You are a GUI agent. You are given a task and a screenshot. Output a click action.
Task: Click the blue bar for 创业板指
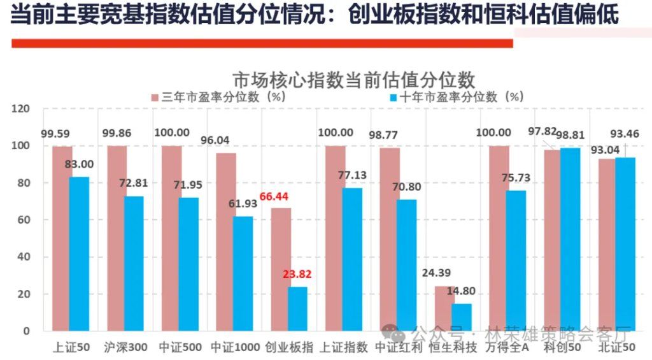297,309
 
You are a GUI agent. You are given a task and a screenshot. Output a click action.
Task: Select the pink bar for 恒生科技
444,308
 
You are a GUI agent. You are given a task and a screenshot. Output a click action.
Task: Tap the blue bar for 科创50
571,239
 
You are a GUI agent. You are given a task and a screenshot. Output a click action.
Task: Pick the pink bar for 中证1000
226,241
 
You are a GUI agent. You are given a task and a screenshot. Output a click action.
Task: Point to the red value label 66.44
274,197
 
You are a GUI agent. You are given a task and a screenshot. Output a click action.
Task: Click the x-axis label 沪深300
125,348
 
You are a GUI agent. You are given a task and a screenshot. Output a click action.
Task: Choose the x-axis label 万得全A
507,348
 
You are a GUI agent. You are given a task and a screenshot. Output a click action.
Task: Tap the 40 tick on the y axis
24,257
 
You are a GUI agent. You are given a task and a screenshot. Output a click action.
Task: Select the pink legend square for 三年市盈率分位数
155,97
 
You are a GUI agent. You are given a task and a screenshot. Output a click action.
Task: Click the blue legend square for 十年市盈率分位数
393,97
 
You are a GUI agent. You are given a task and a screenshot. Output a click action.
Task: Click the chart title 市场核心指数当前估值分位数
353,81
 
